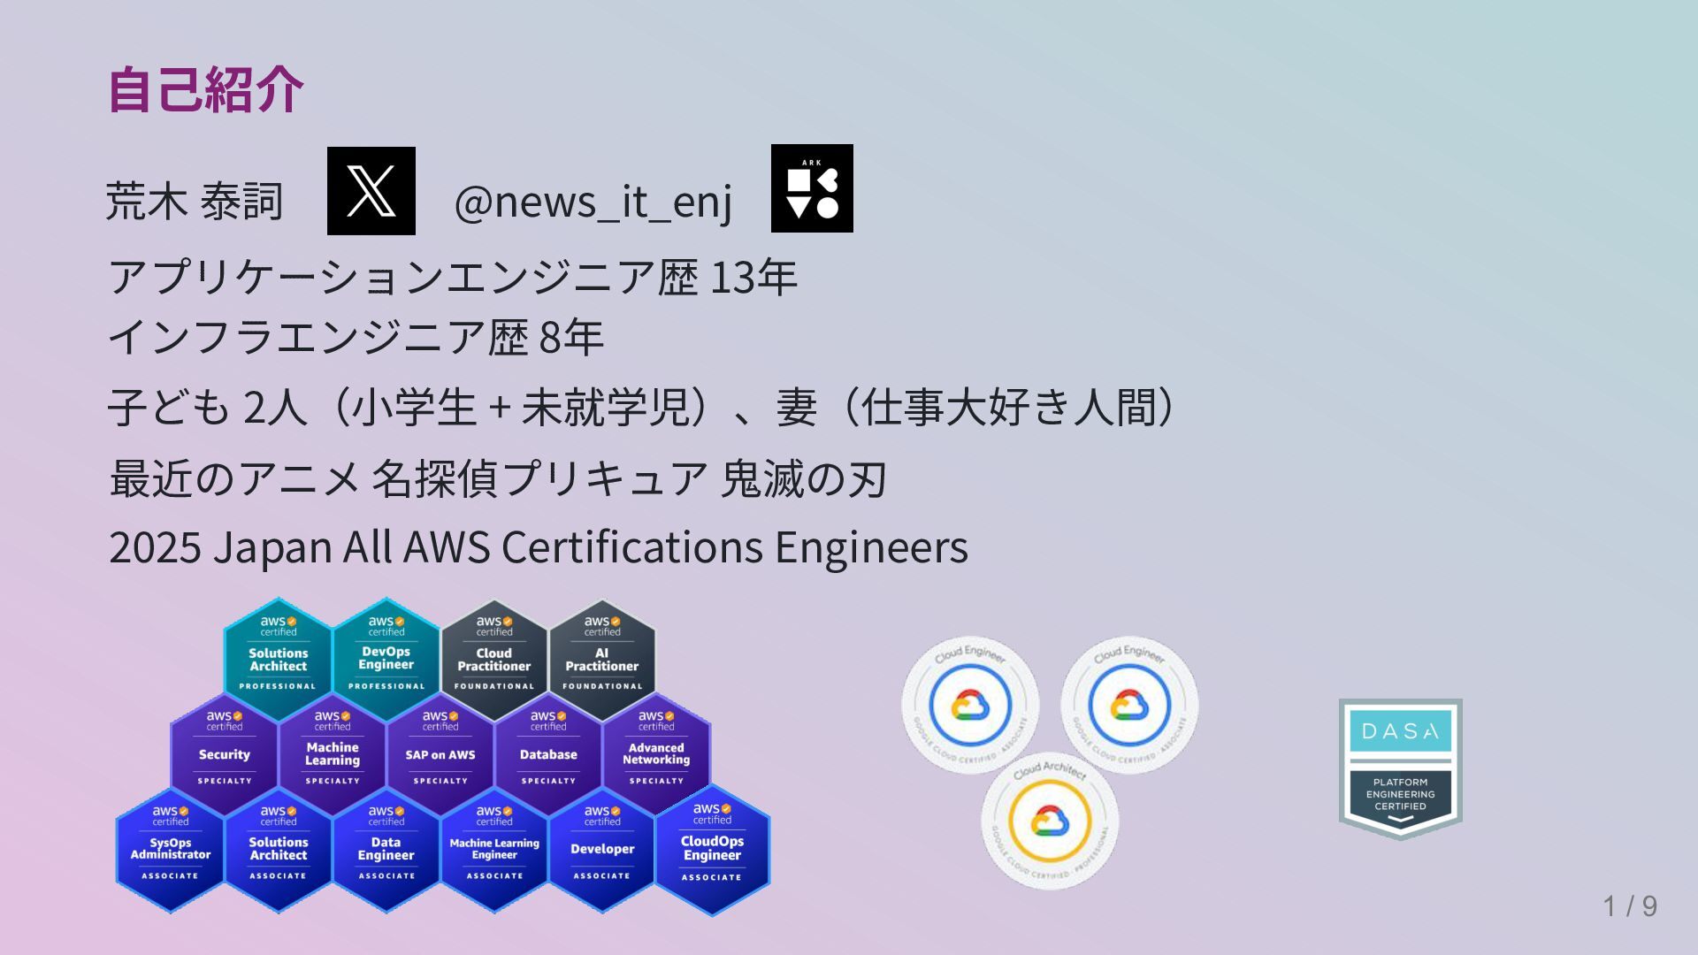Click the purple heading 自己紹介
(205, 89)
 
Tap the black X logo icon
(371, 191)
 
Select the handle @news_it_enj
(593, 202)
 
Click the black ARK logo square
(812, 188)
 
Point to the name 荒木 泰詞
(194, 202)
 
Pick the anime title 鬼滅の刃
(803, 479)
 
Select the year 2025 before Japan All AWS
(155, 547)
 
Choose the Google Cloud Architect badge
(1050, 821)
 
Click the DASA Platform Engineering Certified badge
(1400, 768)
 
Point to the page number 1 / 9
(1630, 905)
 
